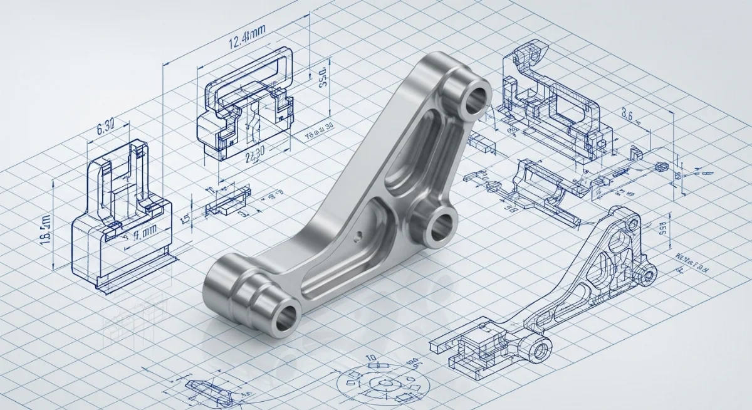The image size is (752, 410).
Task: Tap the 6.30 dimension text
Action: (105, 129)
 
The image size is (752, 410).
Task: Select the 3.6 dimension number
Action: (629, 114)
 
